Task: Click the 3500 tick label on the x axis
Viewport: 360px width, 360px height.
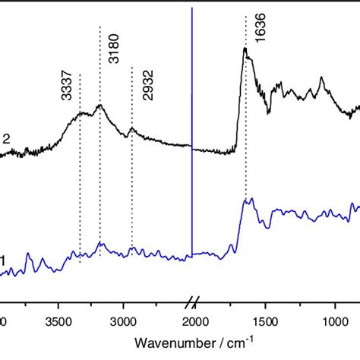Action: point(58,321)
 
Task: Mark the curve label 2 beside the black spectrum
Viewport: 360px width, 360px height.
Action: point(6,138)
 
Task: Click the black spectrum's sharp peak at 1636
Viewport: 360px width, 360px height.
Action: point(245,49)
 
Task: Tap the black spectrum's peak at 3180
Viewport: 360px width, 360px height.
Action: point(99,106)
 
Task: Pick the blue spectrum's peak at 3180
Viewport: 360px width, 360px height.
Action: point(100,244)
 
